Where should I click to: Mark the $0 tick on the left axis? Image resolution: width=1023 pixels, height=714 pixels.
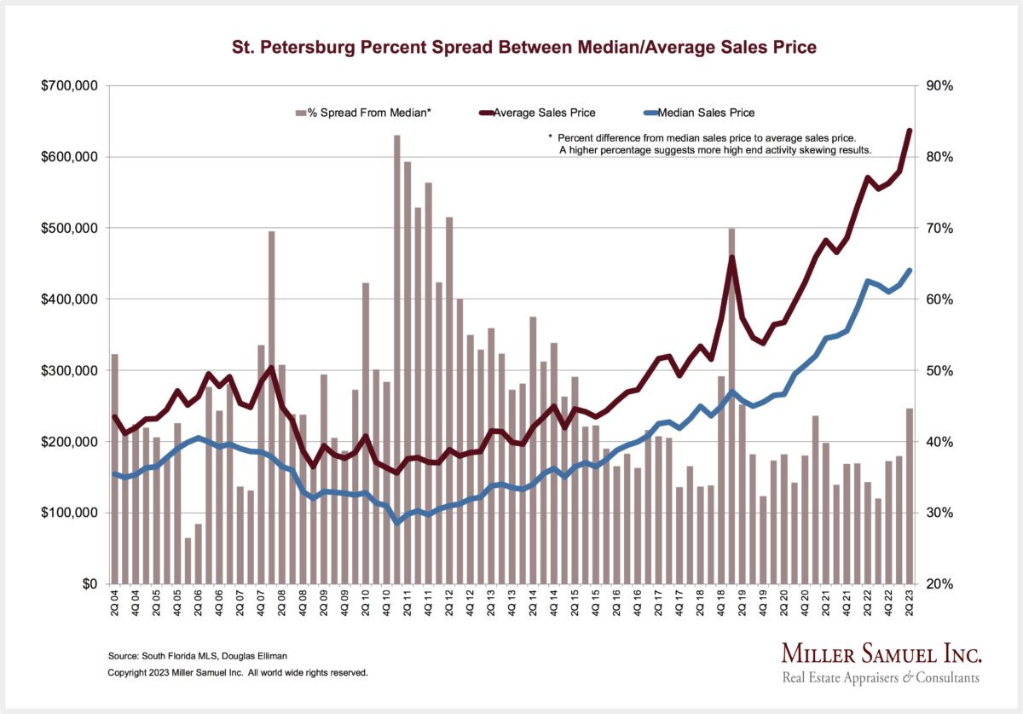pyautogui.click(x=87, y=584)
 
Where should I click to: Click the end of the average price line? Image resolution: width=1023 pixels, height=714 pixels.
pyautogui.click(x=910, y=131)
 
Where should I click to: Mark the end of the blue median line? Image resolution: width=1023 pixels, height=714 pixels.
pyautogui.click(x=910, y=270)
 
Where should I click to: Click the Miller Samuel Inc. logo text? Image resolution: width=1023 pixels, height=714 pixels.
pyautogui.click(x=881, y=654)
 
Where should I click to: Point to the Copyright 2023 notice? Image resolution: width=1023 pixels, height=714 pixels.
pyautogui.click(x=238, y=673)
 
